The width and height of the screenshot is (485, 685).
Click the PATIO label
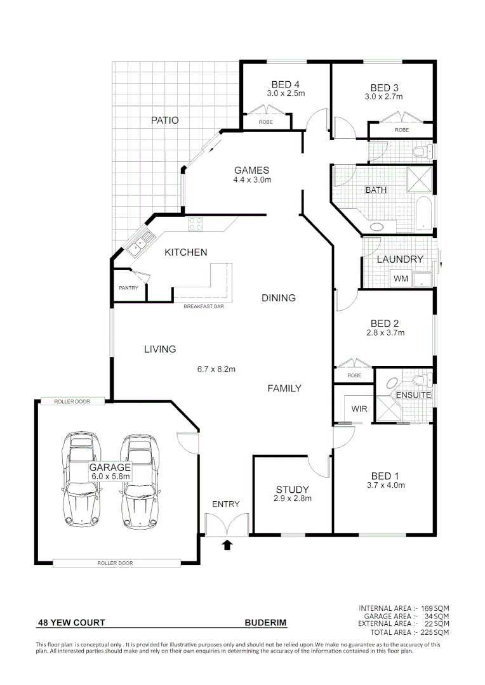[x=164, y=120]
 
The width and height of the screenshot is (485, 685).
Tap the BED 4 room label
[x=285, y=84]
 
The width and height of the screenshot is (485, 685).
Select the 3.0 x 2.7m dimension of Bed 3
[x=383, y=97]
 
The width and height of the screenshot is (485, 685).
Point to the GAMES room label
[x=251, y=170]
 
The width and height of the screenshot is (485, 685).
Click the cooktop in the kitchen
[x=195, y=224]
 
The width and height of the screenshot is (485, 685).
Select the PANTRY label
[x=128, y=288]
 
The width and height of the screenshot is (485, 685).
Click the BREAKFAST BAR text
[x=204, y=307]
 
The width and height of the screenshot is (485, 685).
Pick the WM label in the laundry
[x=401, y=278]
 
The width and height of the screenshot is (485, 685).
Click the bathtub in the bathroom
[x=423, y=214]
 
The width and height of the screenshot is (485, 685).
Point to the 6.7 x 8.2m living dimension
[x=216, y=369]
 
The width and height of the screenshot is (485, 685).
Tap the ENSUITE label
[x=413, y=395]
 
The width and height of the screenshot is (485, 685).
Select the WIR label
[x=359, y=409]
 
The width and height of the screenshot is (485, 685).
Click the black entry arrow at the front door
[x=227, y=544]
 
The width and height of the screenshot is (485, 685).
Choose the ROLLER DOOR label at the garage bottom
[x=115, y=563]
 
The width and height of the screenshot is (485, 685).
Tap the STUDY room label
[x=292, y=489]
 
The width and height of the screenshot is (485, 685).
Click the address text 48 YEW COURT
[x=71, y=623]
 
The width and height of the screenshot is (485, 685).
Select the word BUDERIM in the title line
[x=265, y=623]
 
